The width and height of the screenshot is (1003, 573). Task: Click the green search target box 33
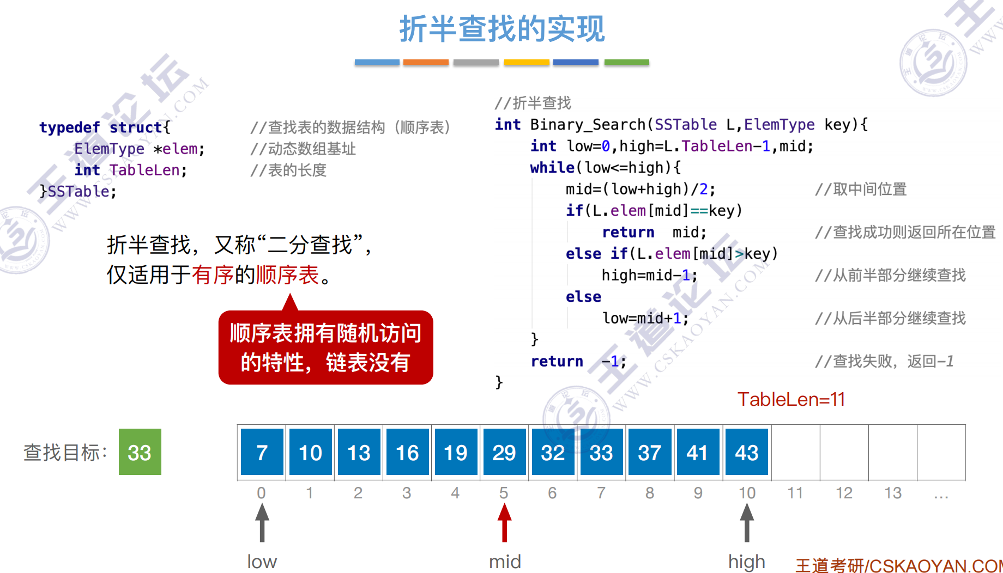pyautogui.click(x=140, y=452)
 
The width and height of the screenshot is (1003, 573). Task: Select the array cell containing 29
pyautogui.click(x=504, y=452)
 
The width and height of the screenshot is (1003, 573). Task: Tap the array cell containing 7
pyautogui.click(x=262, y=452)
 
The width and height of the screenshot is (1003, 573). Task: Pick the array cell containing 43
pyautogui.click(x=746, y=452)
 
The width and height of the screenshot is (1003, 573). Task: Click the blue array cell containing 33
pyautogui.click(x=601, y=452)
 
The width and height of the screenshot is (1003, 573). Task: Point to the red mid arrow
pyautogui.click(x=504, y=522)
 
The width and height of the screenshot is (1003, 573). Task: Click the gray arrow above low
pyautogui.click(x=262, y=522)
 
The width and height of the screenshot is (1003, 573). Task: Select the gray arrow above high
pyautogui.click(x=747, y=522)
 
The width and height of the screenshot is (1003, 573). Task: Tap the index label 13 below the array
pyautogui.click(x=892, y=493)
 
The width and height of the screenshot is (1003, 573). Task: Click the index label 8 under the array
pyautogui.click(x=649, y=493)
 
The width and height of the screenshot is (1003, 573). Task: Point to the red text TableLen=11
pyautogui.click(x=791, y=399)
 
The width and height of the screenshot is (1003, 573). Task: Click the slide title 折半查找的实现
pyautogui.click(x=501, y=29)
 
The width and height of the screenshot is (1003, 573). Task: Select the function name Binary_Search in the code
pyautogui.click(x=588, y=125)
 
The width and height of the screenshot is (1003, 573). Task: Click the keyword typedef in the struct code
pyautogui.click(x=69, y=127)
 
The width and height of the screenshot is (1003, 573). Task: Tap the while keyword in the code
pyautogui.click(x=552, y=168)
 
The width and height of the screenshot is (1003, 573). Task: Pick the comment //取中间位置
pyautogui.click(x=861, y=189)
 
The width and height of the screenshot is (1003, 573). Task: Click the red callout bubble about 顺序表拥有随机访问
pyautogui.click(x=325, y=348)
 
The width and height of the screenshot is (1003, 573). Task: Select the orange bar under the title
pyautogui.click(x=426, y=63)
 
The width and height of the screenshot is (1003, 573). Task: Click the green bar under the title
pyautogui.click(x=626, y=63)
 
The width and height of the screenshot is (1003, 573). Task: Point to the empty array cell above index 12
pyautogui.click(x=844, y=452)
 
